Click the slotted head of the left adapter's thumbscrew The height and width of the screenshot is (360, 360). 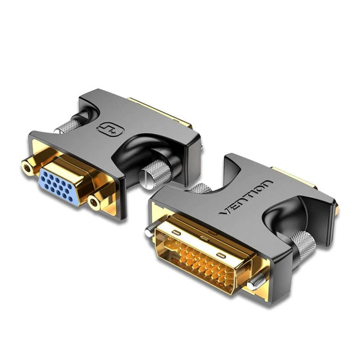pos(143,177)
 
